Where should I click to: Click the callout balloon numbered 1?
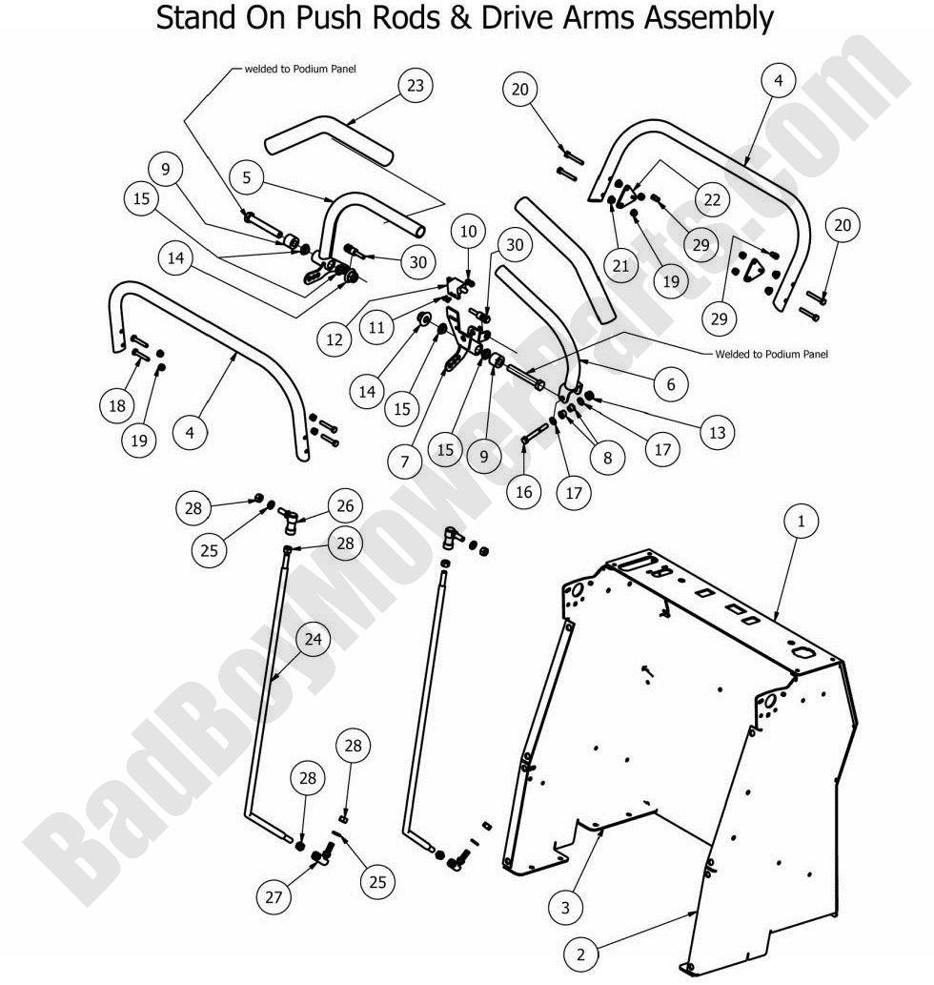802,522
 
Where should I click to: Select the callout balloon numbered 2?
580,953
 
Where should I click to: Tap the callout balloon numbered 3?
565,908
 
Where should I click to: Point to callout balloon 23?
415,85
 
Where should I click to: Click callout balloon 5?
246,176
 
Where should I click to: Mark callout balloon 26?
345,503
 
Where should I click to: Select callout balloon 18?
117,405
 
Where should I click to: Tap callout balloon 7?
405,462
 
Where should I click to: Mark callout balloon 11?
378,327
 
